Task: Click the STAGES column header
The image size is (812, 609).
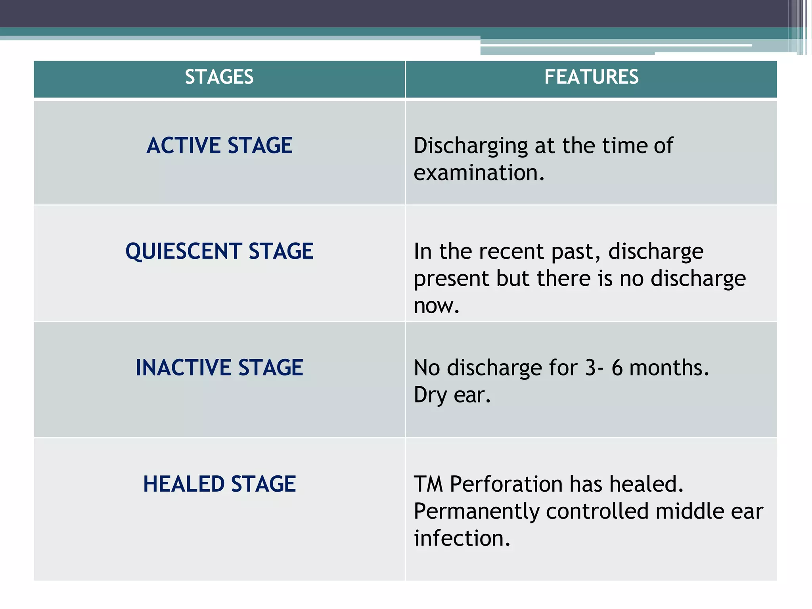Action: coord(219,77)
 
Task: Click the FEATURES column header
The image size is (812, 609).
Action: coord(591,77)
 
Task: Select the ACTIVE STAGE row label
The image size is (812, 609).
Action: coord(219,145)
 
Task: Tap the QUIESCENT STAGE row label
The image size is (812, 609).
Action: coord(219,251)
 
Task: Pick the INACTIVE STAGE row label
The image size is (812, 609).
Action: coord(219,367)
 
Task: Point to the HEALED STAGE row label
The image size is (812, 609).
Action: coord(219,484)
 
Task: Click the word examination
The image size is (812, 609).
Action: coord(479,173)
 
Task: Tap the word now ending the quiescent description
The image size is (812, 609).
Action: coord(436,306)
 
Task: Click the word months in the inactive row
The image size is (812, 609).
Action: coord(668,368)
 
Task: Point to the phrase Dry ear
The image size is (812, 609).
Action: coord(452,395)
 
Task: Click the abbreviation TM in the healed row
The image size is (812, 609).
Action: coord(428,484)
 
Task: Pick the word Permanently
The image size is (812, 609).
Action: coord(476,511)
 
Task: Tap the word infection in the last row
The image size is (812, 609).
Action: coord(462,538)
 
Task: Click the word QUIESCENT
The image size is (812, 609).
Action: coord(184,251)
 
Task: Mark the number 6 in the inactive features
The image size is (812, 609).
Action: coord(617,368)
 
